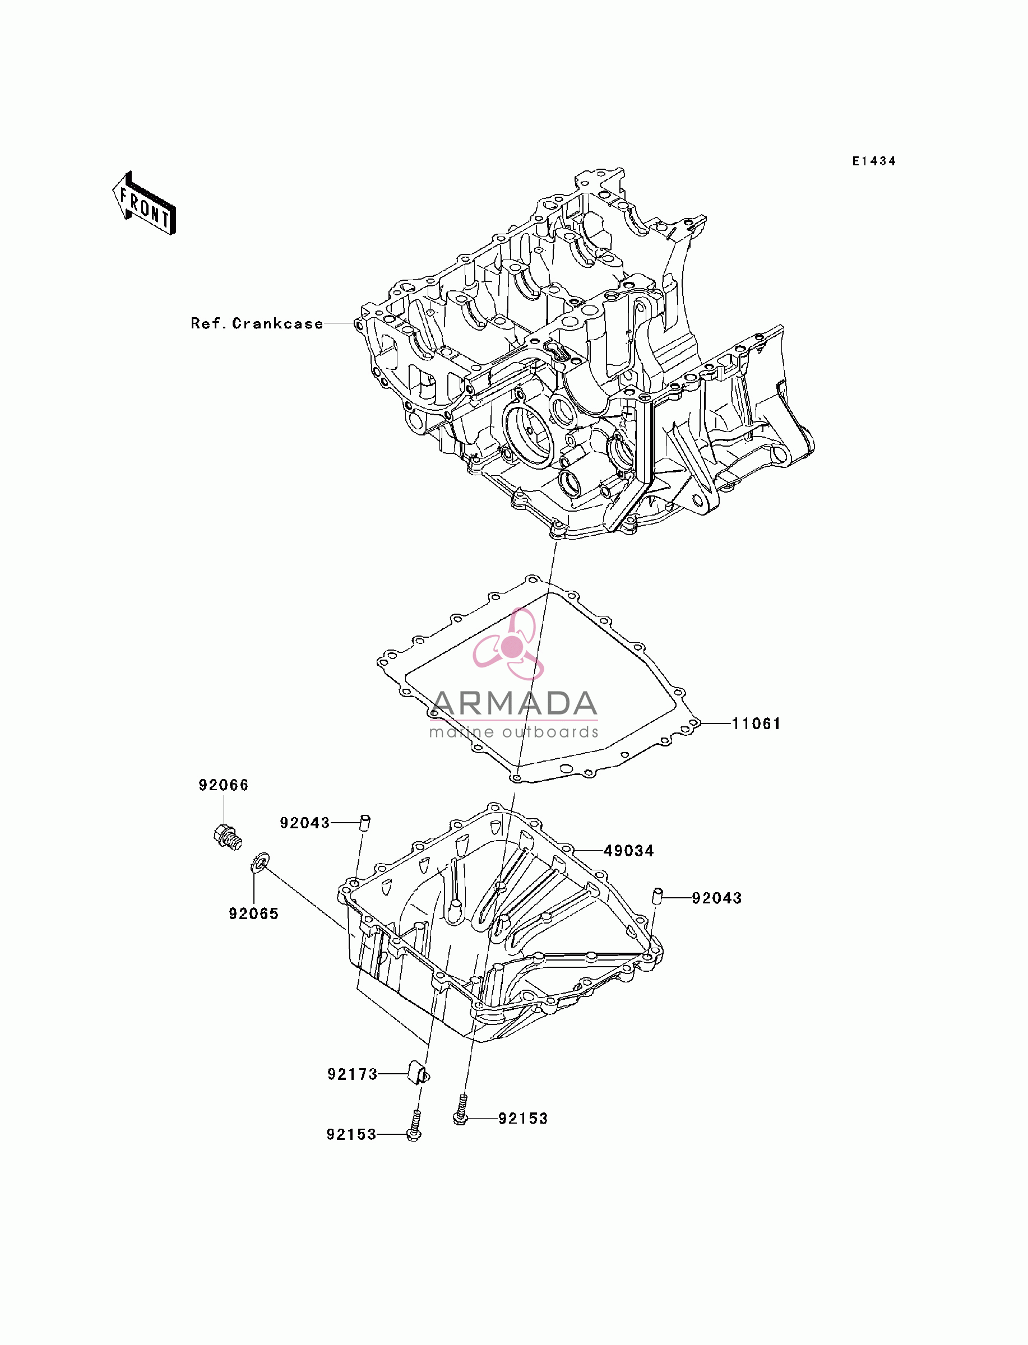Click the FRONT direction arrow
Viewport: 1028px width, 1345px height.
145,203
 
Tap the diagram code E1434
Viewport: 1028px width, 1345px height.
874,161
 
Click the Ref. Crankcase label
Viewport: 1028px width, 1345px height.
257,323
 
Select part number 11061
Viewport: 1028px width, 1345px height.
756,723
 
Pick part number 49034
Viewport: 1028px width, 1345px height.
628,851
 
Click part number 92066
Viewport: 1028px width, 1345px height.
223,785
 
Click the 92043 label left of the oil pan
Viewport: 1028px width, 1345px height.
305,823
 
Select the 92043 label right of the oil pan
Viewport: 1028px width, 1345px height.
716,898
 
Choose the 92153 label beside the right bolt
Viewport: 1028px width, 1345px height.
522,1119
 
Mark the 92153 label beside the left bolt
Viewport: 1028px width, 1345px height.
351,1135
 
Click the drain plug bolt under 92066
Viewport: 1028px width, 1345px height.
228,836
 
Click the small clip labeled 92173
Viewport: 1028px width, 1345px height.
419,1075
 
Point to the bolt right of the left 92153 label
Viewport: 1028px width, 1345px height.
415,1126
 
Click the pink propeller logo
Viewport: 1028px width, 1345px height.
509,644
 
